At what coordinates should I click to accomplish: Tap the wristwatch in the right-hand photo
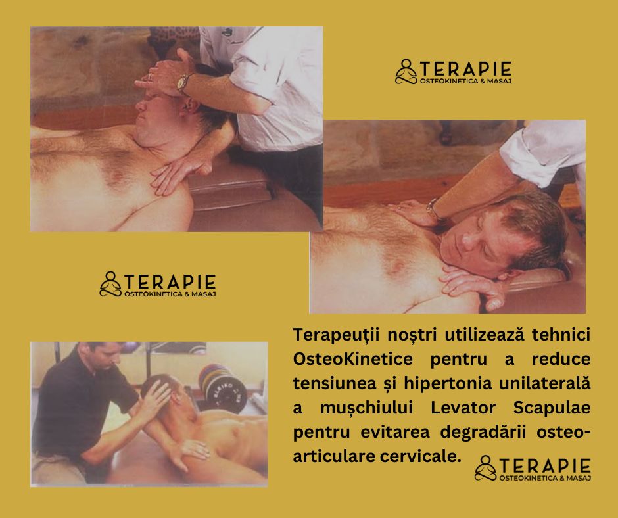pyautogui.click(x=433, y=209)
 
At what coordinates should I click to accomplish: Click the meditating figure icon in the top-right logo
pyautogui.click(x=406, y=72)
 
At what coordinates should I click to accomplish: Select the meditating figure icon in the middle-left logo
pyautogui.click(x=110, y=284)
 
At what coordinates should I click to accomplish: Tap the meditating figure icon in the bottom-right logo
pyautogui.click(x=486, y=468)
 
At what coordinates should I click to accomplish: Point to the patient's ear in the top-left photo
pyautogui.click(x=192, y=105)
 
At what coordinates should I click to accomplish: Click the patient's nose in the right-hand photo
pyautogui.click(x=467, y=240)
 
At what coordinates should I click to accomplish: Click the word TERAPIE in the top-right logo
pyautogui.click(x=466, y=69)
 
